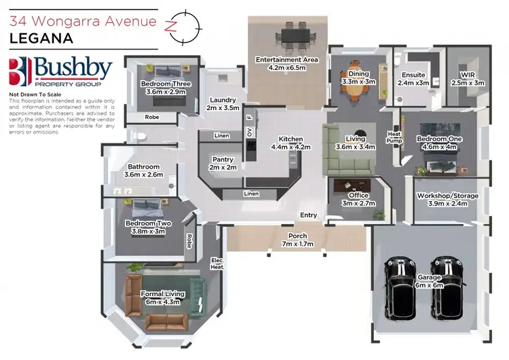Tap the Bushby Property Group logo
(60, 71)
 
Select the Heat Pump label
(394, 137)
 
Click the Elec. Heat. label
(217, 264)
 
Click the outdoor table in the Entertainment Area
(295, 36)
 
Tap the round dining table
(357, 82)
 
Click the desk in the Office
(352, 185)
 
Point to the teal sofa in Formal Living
(197, 298)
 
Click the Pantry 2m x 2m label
(223, 164)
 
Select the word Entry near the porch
(308, 215)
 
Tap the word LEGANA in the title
(41, 38)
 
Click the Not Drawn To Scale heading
(35, 94)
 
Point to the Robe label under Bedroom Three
(152, 117)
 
